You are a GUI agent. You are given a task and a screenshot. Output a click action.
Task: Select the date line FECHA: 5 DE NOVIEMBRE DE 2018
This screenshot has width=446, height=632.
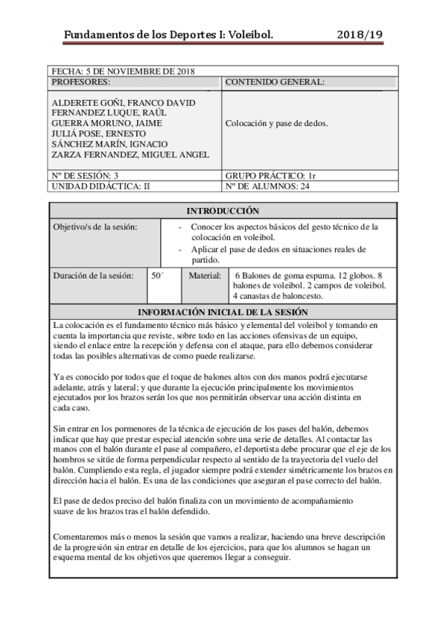click(123, 72)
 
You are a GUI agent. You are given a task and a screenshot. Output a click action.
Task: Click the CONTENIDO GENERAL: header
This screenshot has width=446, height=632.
click(275, 82)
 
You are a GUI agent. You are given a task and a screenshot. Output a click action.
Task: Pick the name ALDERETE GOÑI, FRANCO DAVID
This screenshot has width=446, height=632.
click(123, 102)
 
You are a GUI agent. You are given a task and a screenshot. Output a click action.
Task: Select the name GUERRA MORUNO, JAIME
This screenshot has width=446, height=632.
click(106, 123)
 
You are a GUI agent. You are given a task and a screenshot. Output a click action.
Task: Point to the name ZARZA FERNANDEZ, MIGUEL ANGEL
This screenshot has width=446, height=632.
click(130, 154)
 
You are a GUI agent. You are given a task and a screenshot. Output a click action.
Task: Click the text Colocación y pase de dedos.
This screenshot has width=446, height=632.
click(276, 124)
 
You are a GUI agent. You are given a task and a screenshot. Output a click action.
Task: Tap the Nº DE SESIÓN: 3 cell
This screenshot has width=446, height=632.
click(86, 175)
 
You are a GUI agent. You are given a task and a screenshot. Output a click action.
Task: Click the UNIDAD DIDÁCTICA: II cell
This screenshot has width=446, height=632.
click(101, 186)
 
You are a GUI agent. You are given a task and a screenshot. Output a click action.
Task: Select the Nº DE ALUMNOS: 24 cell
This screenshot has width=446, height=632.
click(268, 186)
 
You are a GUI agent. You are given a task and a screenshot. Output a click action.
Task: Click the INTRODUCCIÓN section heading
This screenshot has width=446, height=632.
click(223, 211)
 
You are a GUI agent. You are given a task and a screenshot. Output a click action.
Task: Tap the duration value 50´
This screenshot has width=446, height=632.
click(156, 275)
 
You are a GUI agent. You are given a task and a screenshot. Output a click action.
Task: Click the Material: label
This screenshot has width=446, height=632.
click(205, 275)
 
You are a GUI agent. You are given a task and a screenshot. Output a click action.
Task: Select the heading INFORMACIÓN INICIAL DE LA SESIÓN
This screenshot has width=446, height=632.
click(223, 312)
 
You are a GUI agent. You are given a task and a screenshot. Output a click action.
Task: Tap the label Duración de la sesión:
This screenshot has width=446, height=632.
click(93, 275)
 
